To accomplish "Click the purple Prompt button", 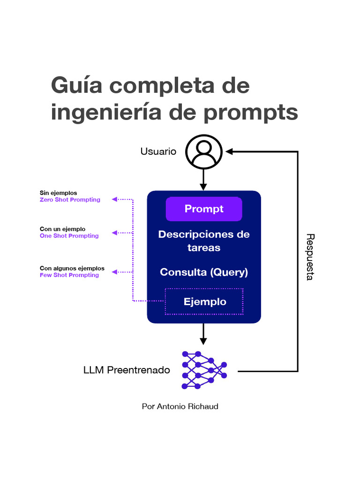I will coord(204,209).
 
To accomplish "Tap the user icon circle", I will coord(203,151).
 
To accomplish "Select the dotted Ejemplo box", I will coord(204,301).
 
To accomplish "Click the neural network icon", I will coord(204,370).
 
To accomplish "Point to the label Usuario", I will coord(158,151).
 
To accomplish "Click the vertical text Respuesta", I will coord(309,257).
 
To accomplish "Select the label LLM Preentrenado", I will coord(127,370).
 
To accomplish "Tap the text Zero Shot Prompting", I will coord(70,200).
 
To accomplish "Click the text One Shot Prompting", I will coord(69,236).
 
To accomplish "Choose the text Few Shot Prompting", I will coord(69,275).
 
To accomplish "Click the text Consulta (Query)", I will coord(204,272).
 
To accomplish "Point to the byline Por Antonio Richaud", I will coord(180,406).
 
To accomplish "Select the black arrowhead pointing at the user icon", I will coord(229,151).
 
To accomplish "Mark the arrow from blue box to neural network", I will coord(203,334).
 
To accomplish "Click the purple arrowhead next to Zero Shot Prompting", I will coord(114,199).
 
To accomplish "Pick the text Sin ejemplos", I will coord(58,193).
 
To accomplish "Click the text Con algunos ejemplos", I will coord(72,269).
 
